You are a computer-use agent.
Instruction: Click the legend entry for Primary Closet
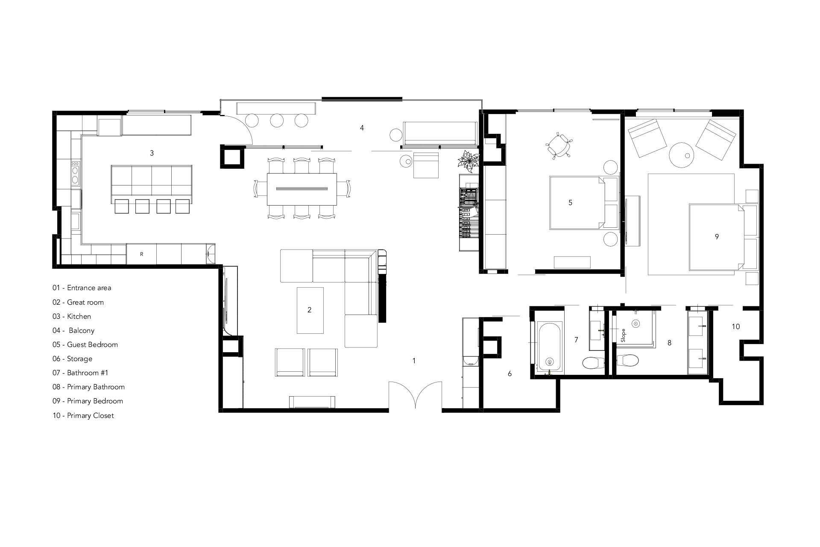[x=83, y=415]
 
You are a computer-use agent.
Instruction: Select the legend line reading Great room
[x=78, y=302]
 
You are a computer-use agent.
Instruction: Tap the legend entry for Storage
[x=73, y=359]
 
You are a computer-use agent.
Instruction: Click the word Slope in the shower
[x=623, y=335]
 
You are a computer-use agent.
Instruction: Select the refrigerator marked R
[x=141, y=254]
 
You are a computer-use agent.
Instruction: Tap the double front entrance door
[x=415, y=396]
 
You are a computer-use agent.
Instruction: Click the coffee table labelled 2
[x=310, y=310]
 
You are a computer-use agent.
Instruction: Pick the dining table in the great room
[x=302, y=188]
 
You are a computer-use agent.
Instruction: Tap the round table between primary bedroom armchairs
[x=681, y=155]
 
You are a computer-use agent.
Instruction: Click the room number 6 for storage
[x=510, y=374]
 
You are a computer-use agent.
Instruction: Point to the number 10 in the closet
[x=735, y=326]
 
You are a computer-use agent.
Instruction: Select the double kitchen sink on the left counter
[x=75, y=173]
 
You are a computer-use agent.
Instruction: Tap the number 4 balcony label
[x=362, y=128]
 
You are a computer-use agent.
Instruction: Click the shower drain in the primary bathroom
[x=636, y=323]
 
